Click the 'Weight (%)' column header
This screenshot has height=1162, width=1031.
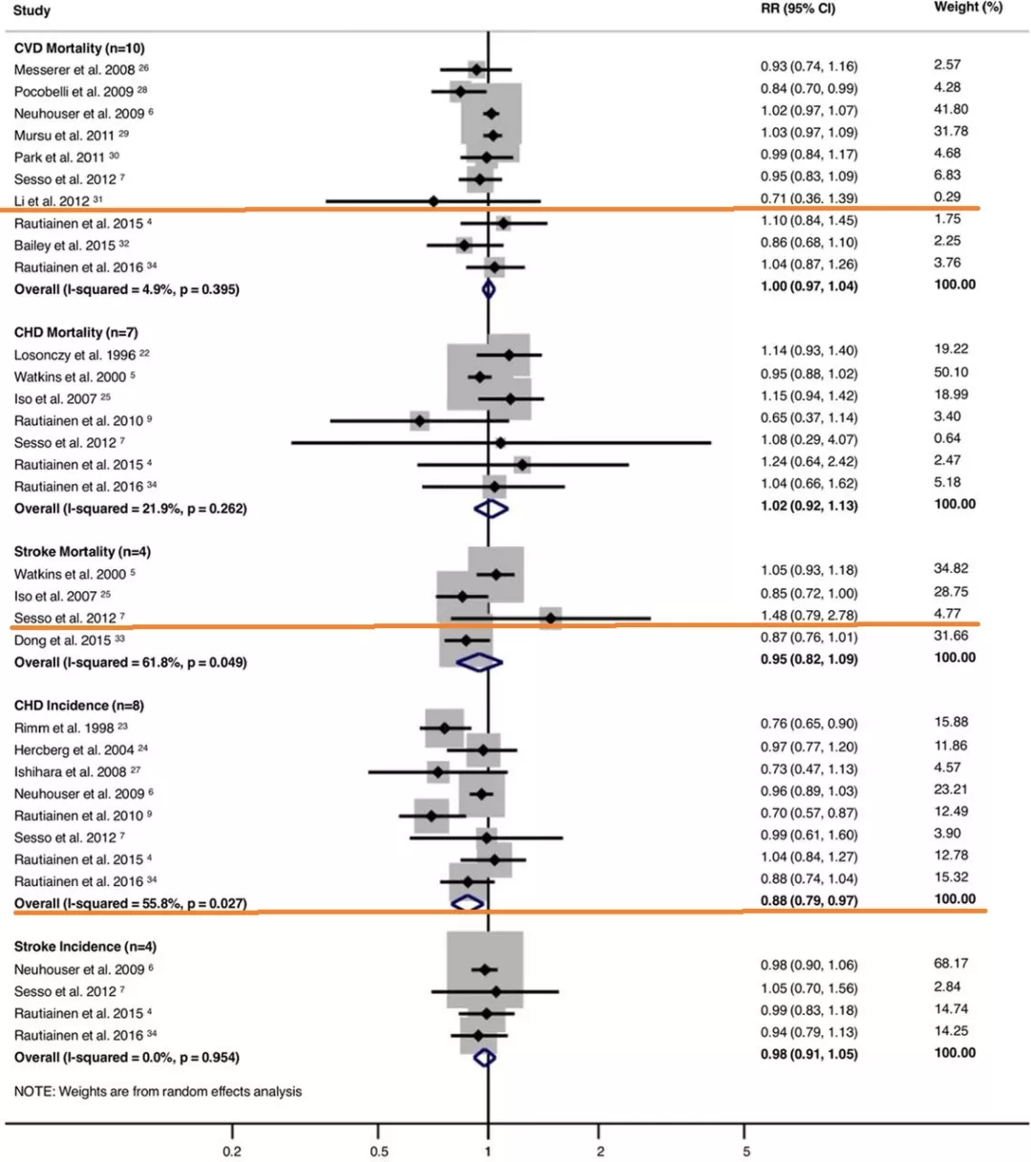(968, 8)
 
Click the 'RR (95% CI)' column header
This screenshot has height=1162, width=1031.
(797, 9)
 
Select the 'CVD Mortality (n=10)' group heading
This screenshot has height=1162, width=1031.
(79, 48)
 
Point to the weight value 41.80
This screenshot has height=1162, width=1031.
(951, 110)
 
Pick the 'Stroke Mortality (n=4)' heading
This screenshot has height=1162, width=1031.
(82, 552)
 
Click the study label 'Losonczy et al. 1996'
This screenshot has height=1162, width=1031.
(74, 354)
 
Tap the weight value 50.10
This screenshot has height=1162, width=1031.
(951, 372)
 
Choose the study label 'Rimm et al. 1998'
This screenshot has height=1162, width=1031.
(63, 728)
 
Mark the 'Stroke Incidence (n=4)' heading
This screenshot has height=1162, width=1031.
(85, 947)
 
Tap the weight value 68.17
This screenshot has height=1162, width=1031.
(951, 964)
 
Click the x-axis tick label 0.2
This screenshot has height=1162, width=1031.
(232, 1151)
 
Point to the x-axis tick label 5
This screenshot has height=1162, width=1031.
(746, 1151)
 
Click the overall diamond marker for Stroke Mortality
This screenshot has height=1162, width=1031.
(480, 662)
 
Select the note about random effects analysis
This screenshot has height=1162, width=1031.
(158, 1091)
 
